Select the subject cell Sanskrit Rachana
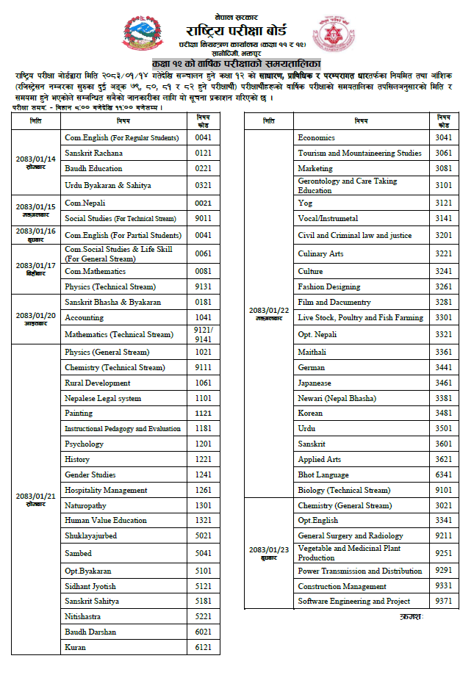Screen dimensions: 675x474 93,153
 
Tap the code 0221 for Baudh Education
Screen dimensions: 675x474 204,168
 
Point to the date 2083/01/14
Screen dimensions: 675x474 35,159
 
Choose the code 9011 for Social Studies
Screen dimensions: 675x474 204,218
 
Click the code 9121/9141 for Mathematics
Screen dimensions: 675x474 204,334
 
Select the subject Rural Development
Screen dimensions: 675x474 97,383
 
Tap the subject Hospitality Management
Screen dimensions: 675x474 106,490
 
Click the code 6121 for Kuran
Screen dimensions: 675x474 204,647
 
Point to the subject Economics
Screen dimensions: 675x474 316,137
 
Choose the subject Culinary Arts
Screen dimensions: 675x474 320,253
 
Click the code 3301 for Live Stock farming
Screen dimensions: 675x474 443,317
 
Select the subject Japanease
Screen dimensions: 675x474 315,383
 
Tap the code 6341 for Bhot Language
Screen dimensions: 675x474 443,474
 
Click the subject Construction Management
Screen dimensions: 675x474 342,586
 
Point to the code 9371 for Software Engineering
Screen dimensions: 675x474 443,601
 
